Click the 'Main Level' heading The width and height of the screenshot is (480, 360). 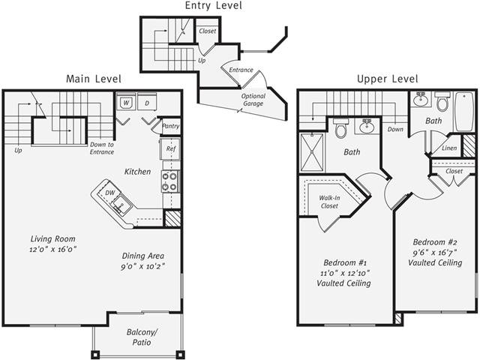coord(93,79)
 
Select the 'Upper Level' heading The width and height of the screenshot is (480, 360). coord(387,79)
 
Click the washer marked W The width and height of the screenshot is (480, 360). coord(126,102)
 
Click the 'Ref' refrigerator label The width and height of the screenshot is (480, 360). coord(171,148)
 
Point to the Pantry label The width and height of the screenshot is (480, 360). coord(170,126)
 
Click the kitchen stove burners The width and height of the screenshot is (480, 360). coord(171,181)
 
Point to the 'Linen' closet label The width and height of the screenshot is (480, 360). coord(448,148)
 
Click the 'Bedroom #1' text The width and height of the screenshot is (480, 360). coord(345,263)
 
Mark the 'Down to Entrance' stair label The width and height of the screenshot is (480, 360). coord(101,148)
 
